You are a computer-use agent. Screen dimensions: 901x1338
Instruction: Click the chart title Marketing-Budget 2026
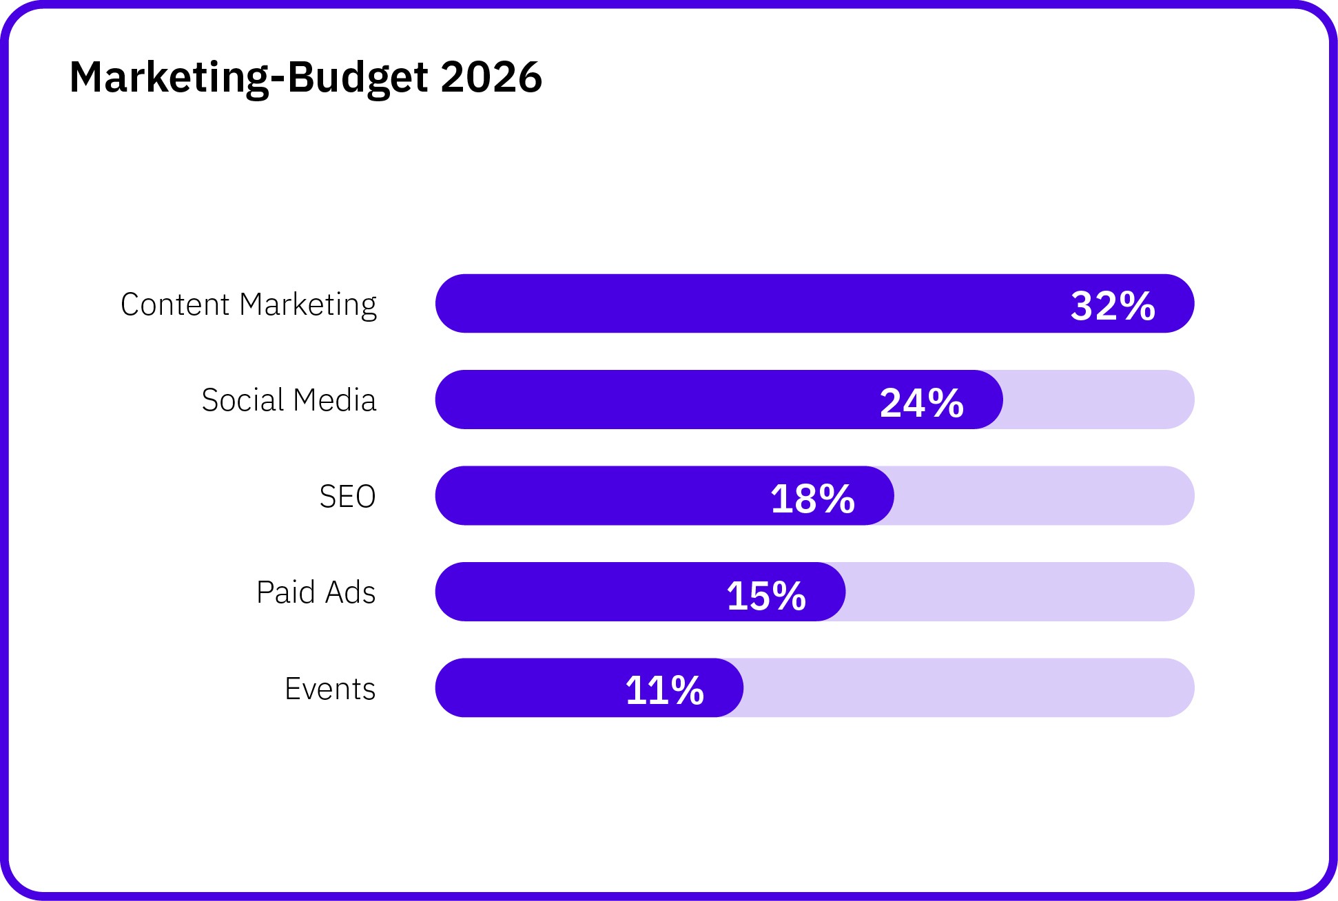tap(305, 76)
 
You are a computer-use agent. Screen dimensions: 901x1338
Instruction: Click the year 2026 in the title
tap(491, 76)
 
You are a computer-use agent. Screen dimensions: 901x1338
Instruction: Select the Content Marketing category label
tap(249, 304)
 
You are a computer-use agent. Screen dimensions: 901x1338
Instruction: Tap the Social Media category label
tap(289, 400)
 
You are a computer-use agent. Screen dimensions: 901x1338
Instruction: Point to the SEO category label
tap(347, 497)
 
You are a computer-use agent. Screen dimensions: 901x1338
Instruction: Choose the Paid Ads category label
tap(316, 592)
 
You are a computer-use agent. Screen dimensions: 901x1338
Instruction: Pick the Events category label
tap(330, 689)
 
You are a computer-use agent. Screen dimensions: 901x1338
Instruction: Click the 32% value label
tap(1113, 306)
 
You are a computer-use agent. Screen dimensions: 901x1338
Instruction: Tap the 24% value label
tap(921, 402)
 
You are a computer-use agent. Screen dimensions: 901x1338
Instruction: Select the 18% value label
tap(812, 499)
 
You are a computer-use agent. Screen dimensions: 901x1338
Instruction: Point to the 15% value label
tap(765, 595)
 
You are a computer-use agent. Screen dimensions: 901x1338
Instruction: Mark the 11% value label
tap(664, 690)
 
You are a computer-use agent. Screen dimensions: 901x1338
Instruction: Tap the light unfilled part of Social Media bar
tap(1099, 400)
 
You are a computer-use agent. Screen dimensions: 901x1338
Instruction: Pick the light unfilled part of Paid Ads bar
tap(1020, 592)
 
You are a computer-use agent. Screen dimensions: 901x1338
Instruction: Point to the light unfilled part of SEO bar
tap(1044, 496)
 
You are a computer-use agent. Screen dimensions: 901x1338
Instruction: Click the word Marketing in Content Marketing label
tap(308, 304)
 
